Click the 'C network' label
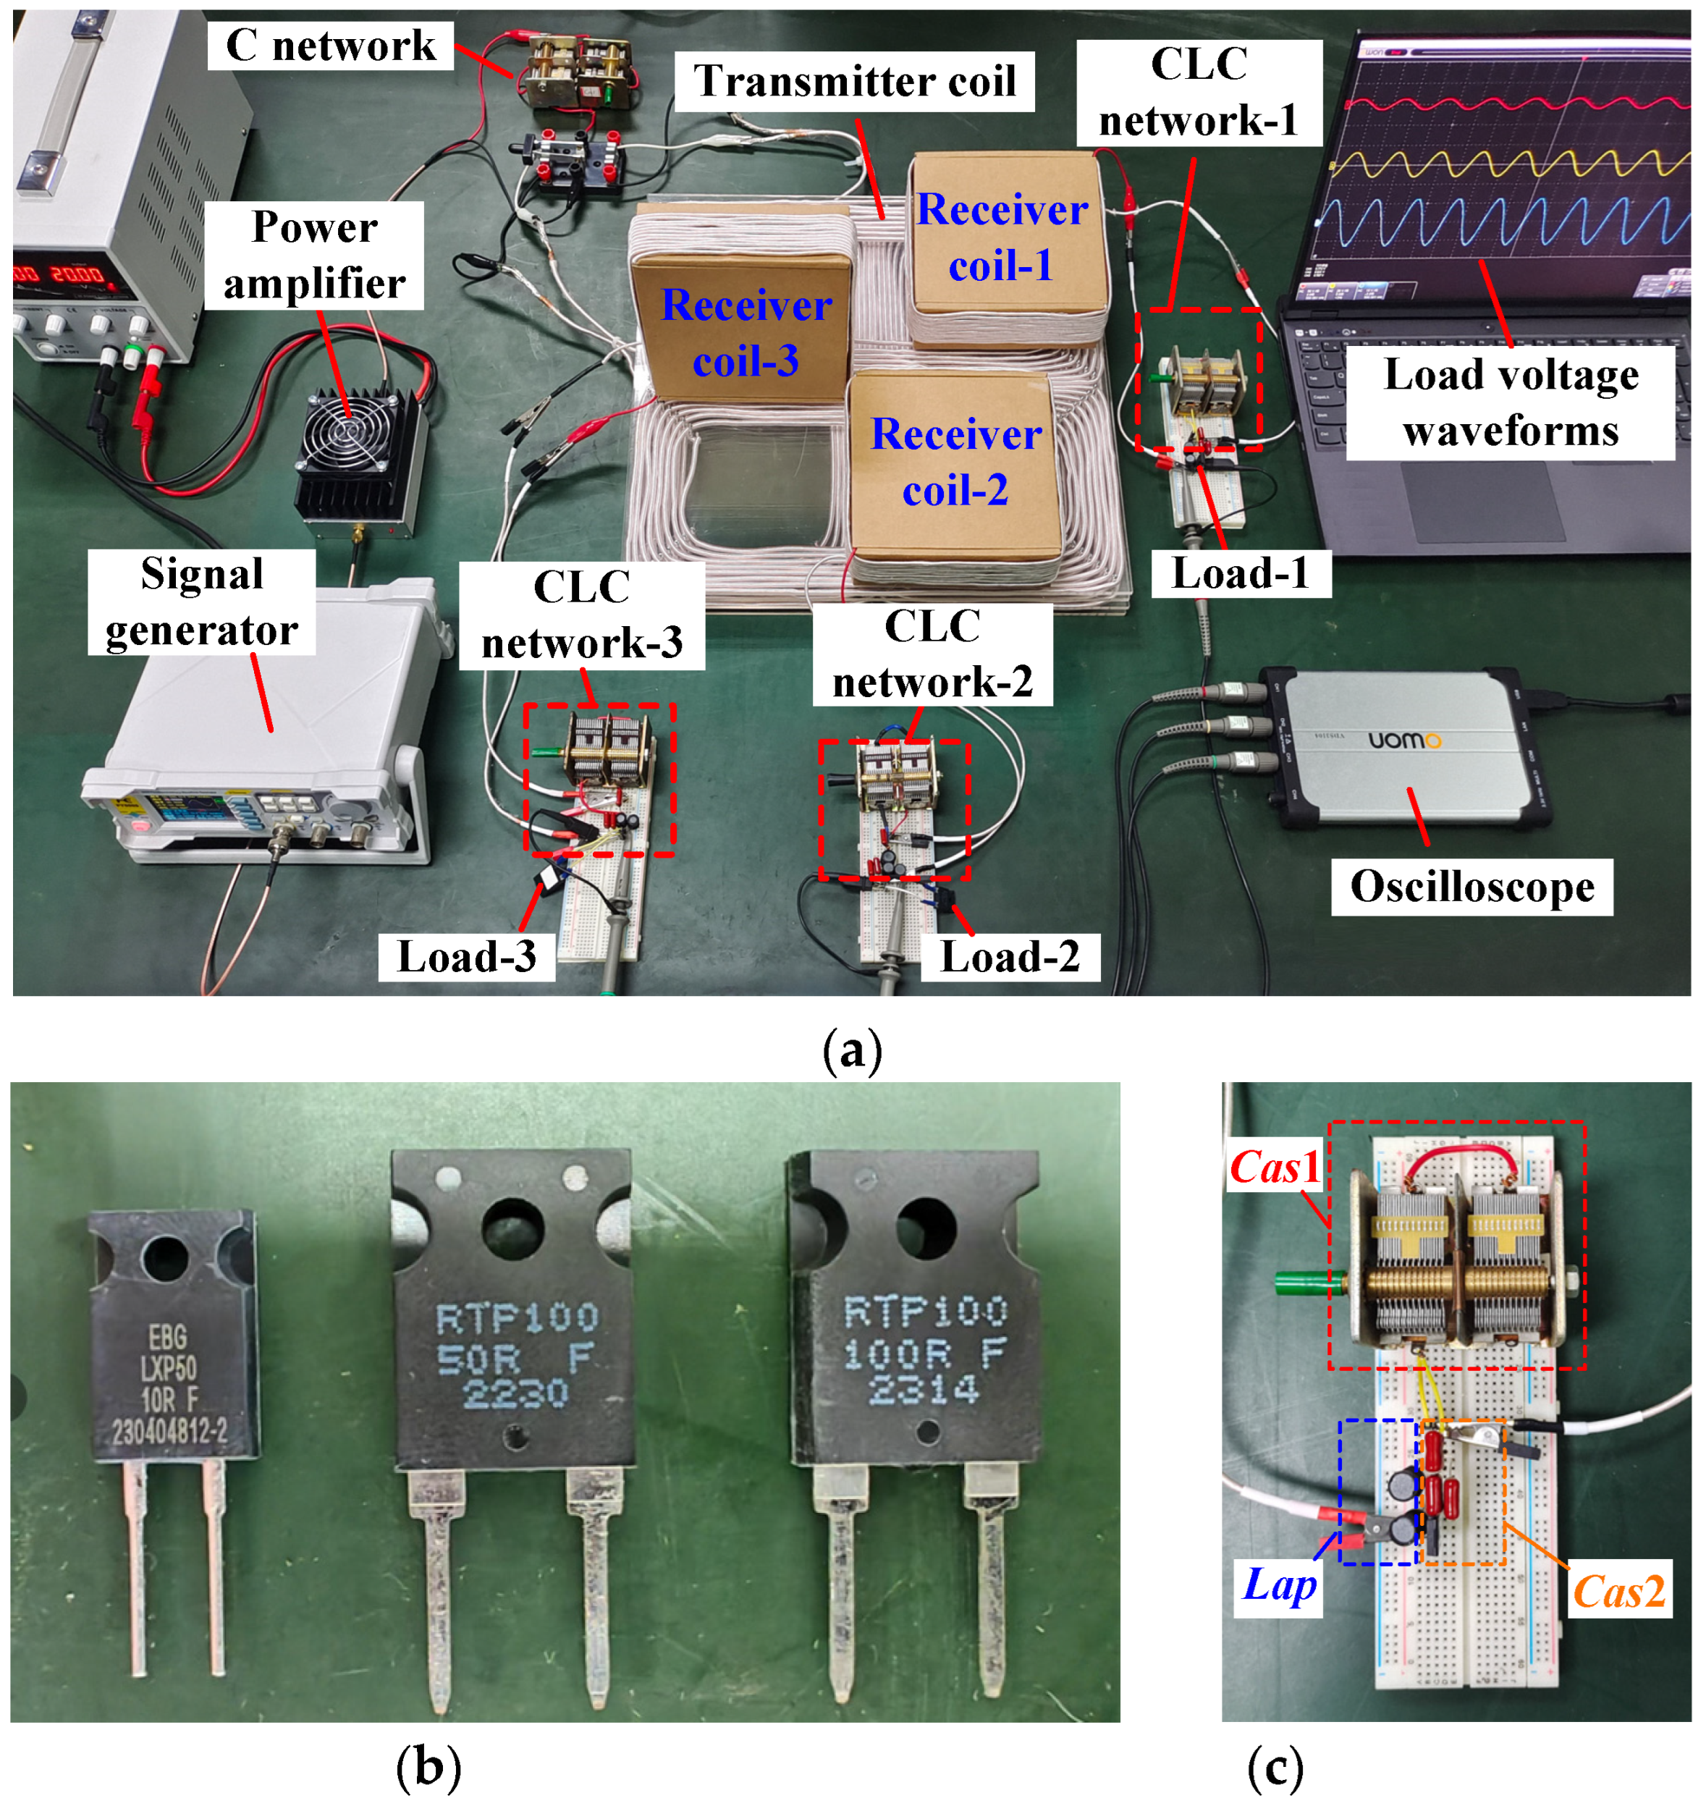click(330, 46)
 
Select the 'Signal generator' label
click(202, 602)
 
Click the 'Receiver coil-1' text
click(1001, 237)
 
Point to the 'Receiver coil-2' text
click(955, 462)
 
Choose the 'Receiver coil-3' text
click(746, 333)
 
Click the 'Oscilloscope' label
click(1471, 887)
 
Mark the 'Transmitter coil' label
click(855, 81)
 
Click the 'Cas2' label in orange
click(1618, 1592)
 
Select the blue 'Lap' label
click(1278, 1585)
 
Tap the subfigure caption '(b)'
click(428, 1768)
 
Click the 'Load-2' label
click(1010, 957)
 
